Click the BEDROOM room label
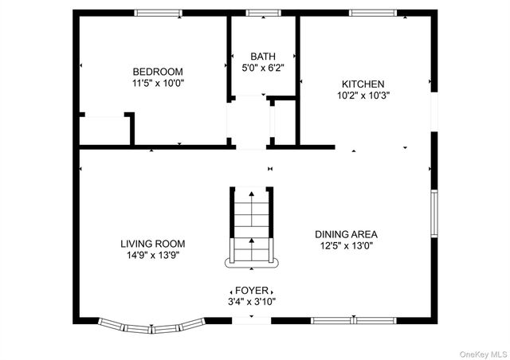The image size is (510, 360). [158, 71]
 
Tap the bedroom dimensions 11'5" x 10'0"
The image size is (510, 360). [158, 83]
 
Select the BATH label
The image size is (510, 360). [263, 57]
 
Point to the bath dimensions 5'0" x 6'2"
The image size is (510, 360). [263, 68]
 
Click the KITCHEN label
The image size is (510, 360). [363, 84]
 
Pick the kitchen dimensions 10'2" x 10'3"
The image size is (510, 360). [363, 95]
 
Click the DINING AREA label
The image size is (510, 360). [346, 234]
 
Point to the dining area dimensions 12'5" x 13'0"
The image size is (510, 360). [346, 246]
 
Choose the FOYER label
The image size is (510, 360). [253, 291]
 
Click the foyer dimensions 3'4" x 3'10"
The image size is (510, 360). [253, 302]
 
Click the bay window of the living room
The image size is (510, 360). [151, 325]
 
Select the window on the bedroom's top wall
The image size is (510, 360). [157, 13]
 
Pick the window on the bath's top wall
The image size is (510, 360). [257, 13]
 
